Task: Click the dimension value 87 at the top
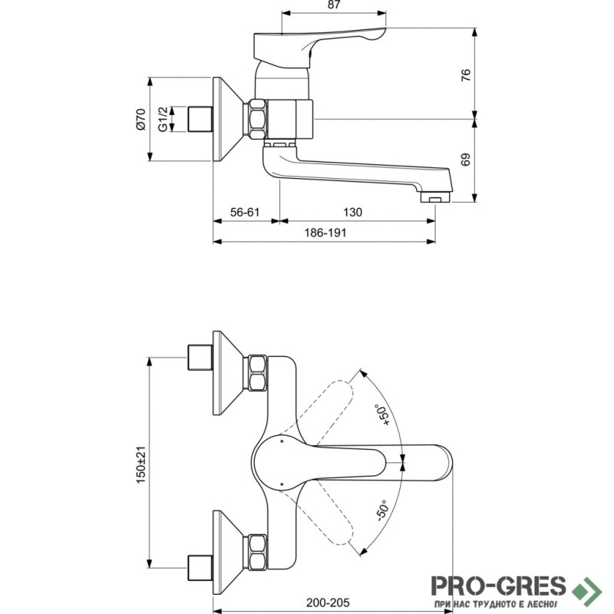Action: pos(334,5)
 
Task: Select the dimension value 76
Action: pos(466,74)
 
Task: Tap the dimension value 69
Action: pos(466,160)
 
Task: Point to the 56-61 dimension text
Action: pos(245,213)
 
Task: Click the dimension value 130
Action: pos(352,213)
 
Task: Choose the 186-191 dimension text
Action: pos(325,233)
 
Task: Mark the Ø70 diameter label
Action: pos(141,119)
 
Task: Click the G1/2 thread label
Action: pos(163,119)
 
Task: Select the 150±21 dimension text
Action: pos(140,465)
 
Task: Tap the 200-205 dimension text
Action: pos(328,602)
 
